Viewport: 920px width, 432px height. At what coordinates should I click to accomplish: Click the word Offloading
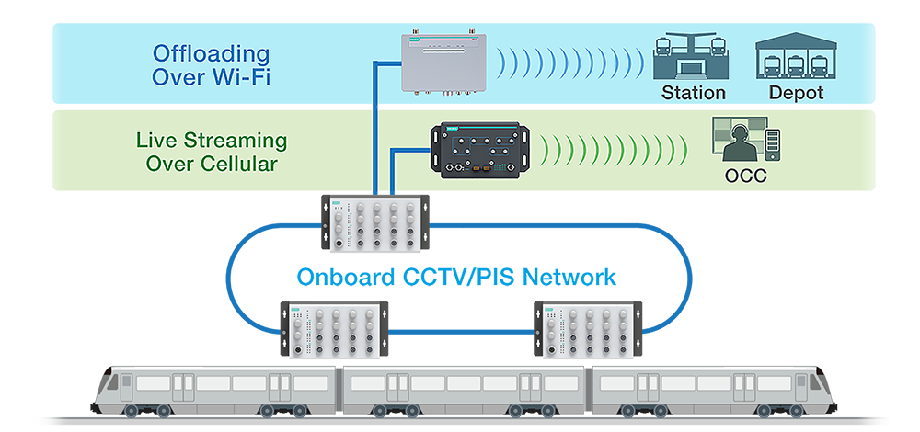point(212,54)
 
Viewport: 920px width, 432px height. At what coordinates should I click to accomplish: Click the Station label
point(694,93)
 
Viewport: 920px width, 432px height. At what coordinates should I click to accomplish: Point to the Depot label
point(796,93)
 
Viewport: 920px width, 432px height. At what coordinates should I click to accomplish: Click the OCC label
point(745,176)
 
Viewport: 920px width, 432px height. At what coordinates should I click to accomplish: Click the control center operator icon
point(746,141)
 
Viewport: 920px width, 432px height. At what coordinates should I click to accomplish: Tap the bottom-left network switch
point(335,329)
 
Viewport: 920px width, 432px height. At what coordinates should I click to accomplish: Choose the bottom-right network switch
point(588,329)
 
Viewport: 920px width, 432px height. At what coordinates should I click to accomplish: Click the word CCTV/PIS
point(454,277)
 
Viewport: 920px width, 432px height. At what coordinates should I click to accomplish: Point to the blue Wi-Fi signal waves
point(569,63)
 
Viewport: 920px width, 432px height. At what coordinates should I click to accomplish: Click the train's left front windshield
point(112,382)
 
